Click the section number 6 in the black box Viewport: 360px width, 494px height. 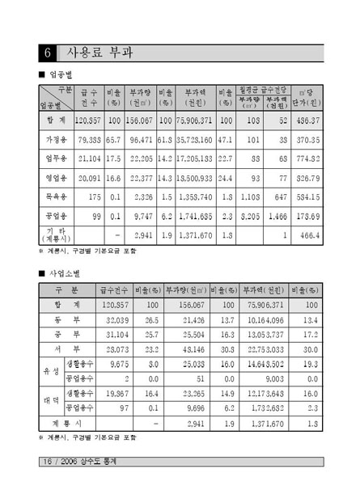(x=49, y=53)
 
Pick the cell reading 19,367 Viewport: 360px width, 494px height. (x=113, y=393)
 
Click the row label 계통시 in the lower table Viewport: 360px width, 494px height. (x=66, y=422)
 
